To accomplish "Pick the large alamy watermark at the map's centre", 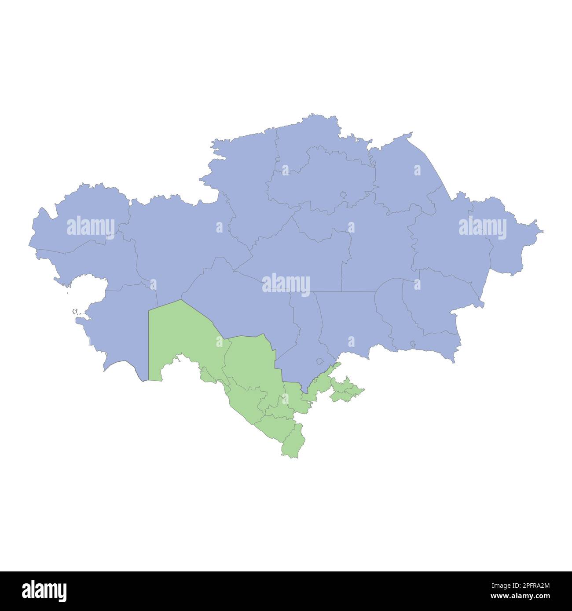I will (286, 284).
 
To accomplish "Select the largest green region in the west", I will (180, 334).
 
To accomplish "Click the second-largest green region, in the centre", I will (251, 360).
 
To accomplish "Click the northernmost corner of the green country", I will (181, 300).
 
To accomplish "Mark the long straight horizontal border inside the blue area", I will (343, 291).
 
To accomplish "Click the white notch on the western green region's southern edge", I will (169, 367).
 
